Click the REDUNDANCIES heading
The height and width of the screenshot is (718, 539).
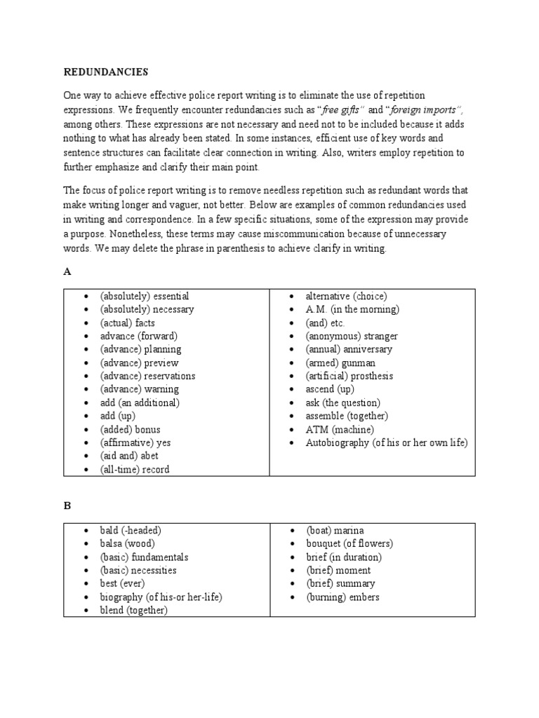pyautogui.click(x=105, y=72)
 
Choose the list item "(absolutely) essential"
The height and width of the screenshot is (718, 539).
pyautogui.click(x=144, y=296)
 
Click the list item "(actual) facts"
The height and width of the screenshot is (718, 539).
pyautogui.click(x=127, y=323)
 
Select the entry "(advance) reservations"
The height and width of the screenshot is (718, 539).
pyautogui.click(x=147, y=376)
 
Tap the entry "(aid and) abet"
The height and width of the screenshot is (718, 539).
pyautogui.click(x=129, y=456)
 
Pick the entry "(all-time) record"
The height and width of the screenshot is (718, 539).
pyautogui.click(x=134, y=469)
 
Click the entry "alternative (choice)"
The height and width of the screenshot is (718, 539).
pyautogui.click(x=346, y=296)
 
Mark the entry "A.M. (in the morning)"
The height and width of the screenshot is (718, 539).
pyautogui.click(x=352, y=309)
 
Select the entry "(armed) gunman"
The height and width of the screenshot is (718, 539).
pyautogui.click(x=340, y=363)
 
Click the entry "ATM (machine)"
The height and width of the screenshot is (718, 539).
pyautogui.click(x=339, y=429)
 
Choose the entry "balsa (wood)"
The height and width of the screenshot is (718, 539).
pyautogui.click(x=127, y=543)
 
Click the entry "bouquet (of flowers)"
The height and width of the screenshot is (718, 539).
pyautogui.click(x=349, y=543)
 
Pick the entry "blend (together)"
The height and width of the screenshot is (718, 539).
pyautogui.click(x=133, y=610)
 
